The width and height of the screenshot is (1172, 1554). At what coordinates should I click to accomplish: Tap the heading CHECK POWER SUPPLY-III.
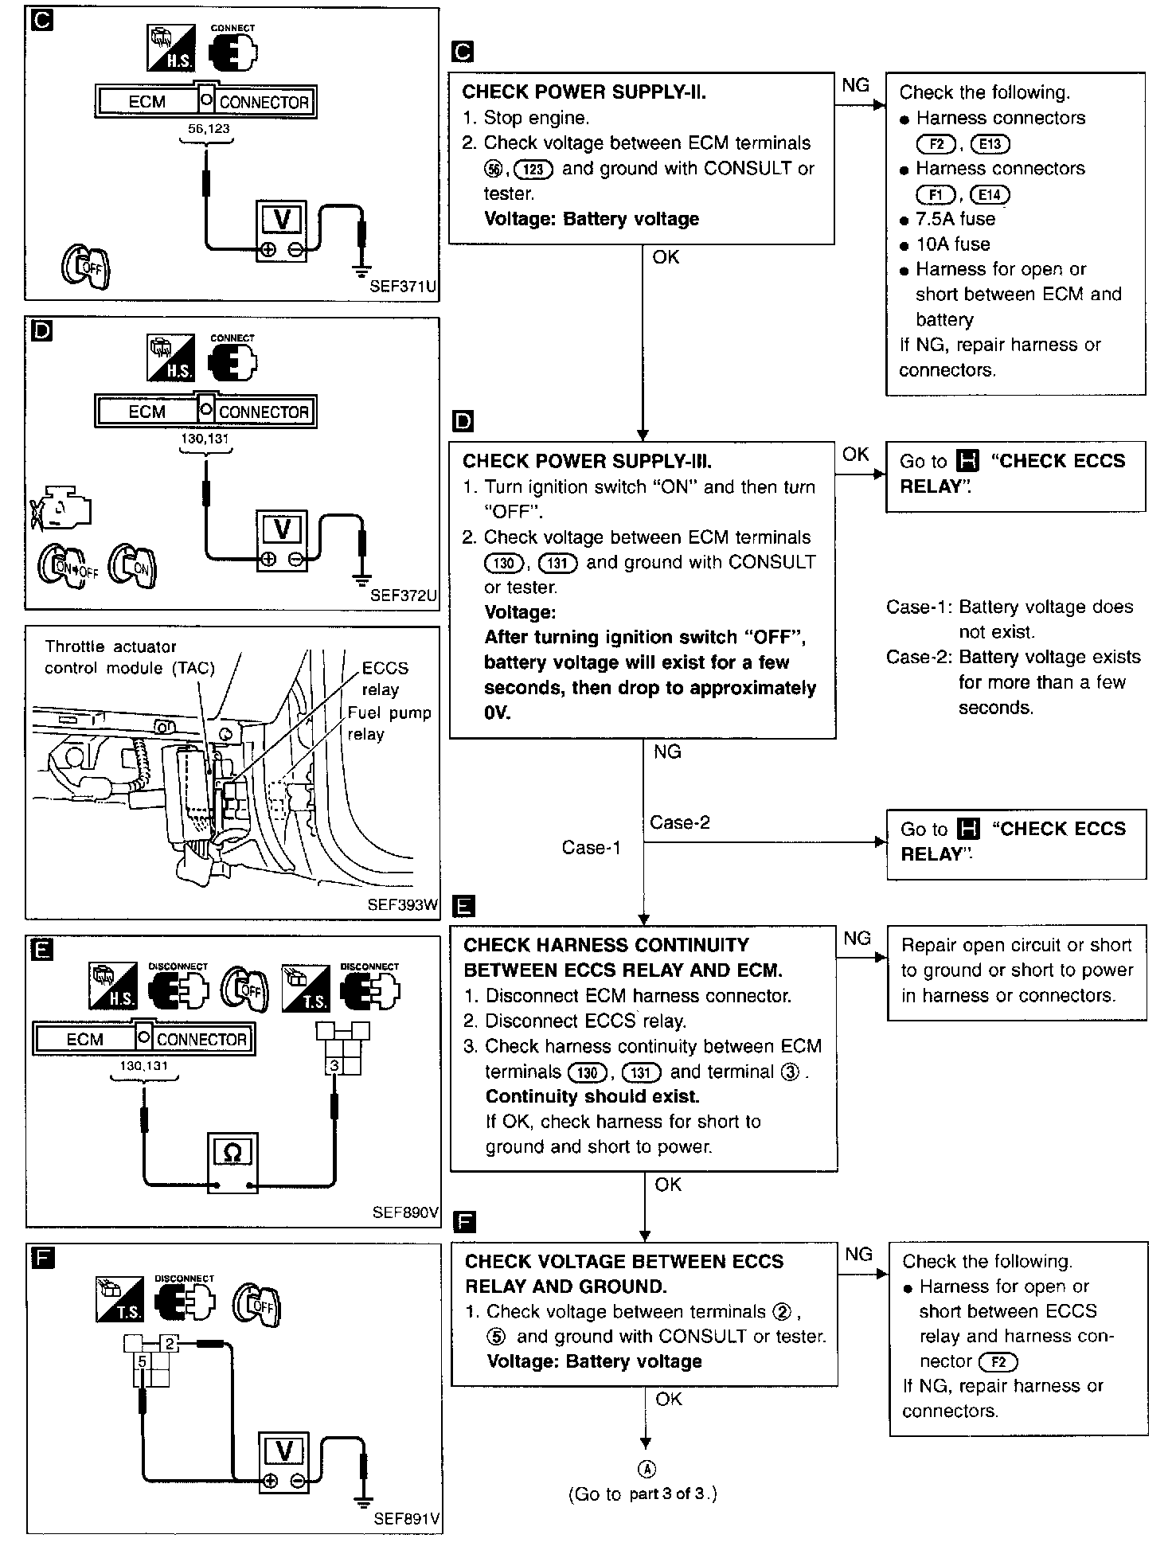(x=587, y=462)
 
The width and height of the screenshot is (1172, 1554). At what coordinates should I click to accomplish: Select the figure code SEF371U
(x=404, y=287)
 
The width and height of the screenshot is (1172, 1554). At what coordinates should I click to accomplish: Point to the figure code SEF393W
(x=404, y=905)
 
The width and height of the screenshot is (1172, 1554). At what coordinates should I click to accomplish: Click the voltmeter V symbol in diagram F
(x=284, y=1451)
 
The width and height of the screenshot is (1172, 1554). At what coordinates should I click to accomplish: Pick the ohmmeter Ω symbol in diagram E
(x=232, y=1152)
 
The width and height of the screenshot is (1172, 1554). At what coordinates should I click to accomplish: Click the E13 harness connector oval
(x=990, y=144)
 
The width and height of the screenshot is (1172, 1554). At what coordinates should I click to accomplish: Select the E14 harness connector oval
(x=990, y=195)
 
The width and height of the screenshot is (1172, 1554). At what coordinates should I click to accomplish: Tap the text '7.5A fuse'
(x=955, y=219)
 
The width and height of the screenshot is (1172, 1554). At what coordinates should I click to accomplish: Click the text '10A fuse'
(x=953, y=244)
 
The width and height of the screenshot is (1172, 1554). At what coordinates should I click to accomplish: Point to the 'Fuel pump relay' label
(x=389, y=723)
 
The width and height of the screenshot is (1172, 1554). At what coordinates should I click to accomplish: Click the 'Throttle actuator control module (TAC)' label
(x=130, y=658)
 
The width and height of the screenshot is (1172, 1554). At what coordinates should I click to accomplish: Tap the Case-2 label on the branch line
(x=679, y=822)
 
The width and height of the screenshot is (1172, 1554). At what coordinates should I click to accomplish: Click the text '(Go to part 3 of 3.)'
(x=643, y=1494)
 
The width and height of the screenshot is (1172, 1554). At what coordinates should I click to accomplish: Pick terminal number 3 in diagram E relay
(x=334, y=1065)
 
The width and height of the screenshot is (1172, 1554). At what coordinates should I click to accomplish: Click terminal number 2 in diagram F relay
(x=169, y=1343)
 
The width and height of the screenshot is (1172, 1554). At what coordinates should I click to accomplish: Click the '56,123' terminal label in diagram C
(x=209, y=129)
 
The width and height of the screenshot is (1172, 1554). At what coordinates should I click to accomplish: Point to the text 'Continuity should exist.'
(x=592, y=1096)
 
